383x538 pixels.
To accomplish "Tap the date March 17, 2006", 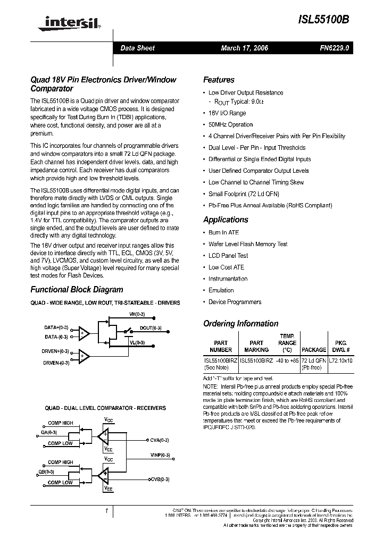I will (x=245, y=48).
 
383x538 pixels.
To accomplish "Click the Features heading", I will (x=219, y=80).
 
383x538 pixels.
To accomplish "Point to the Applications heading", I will (x=226, y=220).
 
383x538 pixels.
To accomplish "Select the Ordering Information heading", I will (x=240, y=323).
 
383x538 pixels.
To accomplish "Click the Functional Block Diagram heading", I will (x=77, y=290).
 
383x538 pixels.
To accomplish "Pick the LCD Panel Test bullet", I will (x=228, y=256).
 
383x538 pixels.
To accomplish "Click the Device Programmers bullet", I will (x=235, y=302).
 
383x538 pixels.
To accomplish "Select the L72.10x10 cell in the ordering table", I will (x=341, y=360).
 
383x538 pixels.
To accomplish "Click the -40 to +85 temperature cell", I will (x=287, y=360).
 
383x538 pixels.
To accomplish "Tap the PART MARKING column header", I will (x=256, y=347).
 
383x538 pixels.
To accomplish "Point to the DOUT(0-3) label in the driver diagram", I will (x=151, y=328).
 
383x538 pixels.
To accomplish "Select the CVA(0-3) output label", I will (x=160, y=440).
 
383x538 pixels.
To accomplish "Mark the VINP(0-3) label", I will (x=160, y=455).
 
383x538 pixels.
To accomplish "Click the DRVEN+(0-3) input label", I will (x=56, y=351).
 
